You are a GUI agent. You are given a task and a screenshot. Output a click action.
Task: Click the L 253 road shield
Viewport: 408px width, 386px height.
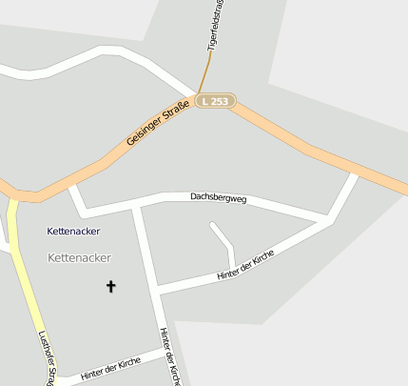(x=216, y=100)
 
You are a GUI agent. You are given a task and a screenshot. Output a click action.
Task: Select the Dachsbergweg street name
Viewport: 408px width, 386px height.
(x=218, y=198)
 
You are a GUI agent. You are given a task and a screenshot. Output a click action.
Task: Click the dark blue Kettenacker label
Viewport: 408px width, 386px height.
(x=73, y=232)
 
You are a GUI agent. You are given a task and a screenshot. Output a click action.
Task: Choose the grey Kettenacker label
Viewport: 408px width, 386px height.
(x=79, y=257)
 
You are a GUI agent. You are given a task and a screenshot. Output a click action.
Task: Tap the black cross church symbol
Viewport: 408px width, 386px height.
(x=110, y=285)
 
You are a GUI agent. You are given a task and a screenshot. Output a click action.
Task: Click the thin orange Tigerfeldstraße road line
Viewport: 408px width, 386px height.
(x=204, y=71)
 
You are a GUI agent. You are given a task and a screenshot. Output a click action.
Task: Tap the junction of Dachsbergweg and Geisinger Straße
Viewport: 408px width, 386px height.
(x=71, y=183)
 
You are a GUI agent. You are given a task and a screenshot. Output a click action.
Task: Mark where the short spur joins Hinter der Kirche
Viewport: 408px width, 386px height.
(x=233, y=269)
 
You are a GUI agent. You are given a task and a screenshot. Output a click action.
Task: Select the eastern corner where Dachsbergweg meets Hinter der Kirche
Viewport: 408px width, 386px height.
(x=329, y=220)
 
